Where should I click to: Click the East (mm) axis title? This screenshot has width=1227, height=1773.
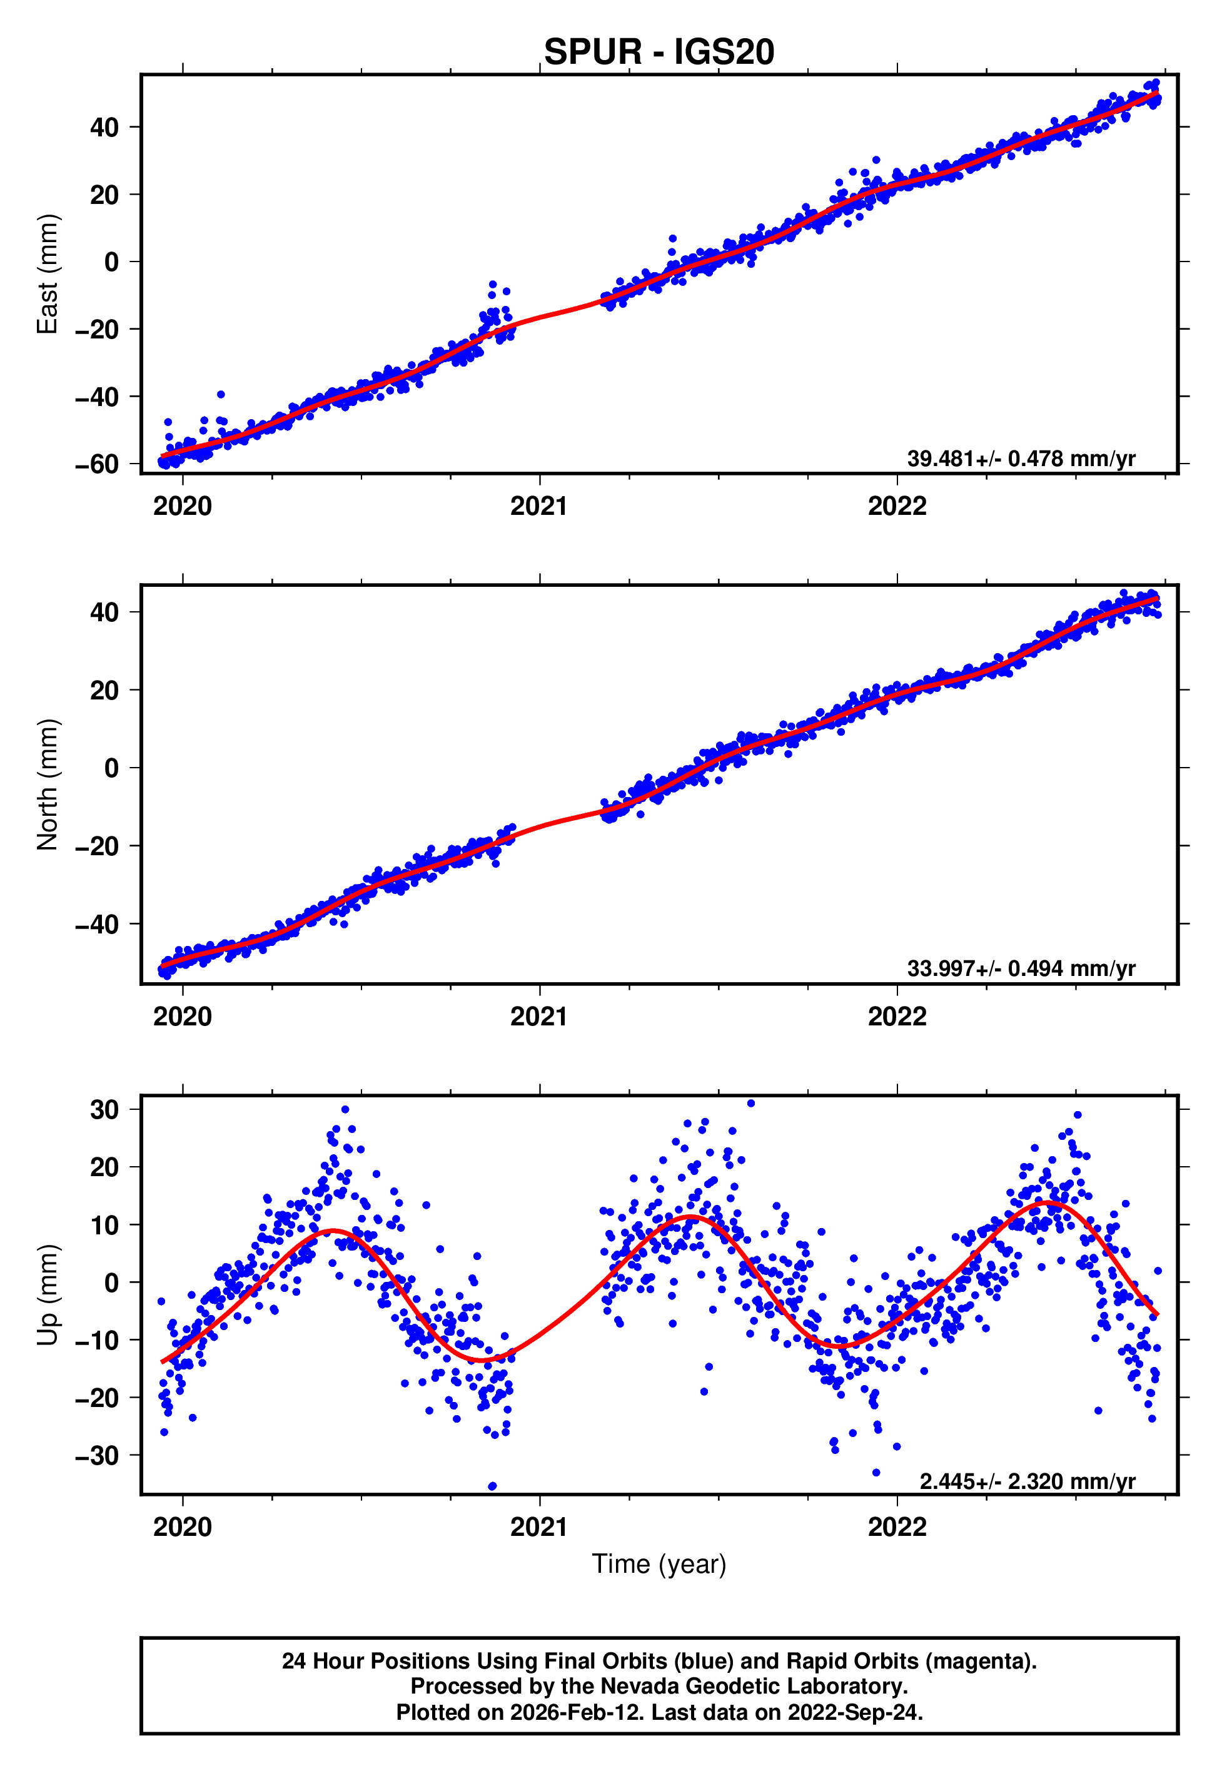point(48,274)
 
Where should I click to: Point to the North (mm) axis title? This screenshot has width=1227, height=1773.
point(48,785)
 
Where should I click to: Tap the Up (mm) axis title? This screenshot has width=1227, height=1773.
point(48,1294)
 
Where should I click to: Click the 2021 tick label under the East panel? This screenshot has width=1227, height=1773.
point(539,506)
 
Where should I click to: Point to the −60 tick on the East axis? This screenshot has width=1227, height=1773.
point(97,464)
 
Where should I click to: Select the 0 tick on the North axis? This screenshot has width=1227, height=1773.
point(111,768)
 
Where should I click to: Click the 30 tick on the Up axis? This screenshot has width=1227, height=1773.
point(104,1109)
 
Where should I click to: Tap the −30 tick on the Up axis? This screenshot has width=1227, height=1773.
point(97,1455)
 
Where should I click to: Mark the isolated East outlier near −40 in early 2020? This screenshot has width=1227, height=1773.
point(221,394)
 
